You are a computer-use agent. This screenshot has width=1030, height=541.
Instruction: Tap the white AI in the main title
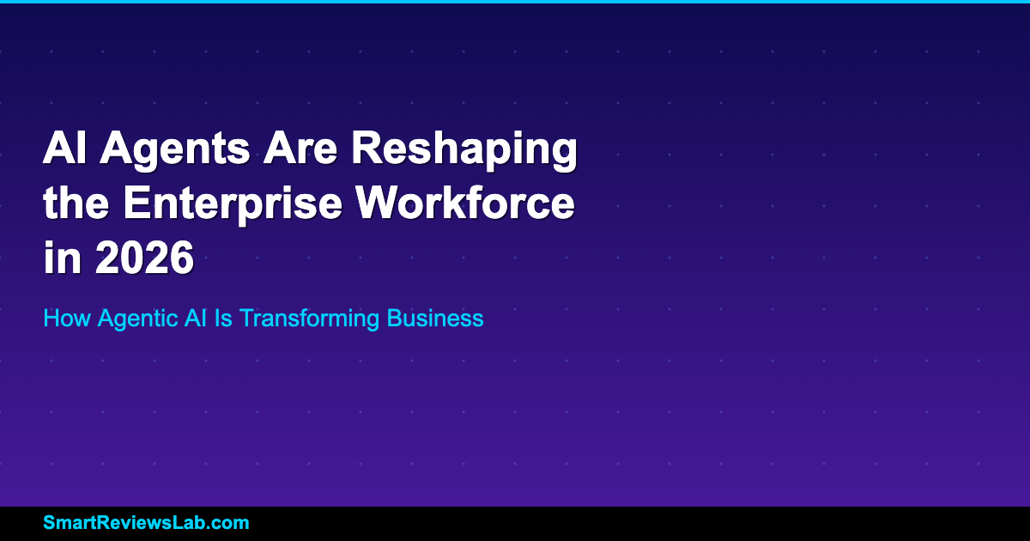[x=64, y=147]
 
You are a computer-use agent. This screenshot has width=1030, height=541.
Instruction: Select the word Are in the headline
[x=300, y=147]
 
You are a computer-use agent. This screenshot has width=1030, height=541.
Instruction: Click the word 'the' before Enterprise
[x=76, y=203]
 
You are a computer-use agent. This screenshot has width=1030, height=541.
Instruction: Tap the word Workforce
[x=465, y=203]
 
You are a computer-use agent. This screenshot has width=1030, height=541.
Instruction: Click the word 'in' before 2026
[x=62, y=257]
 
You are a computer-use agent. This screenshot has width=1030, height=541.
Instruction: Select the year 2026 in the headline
[x=144, y=257]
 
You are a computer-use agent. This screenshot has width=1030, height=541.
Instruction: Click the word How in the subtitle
[x=67, y=318]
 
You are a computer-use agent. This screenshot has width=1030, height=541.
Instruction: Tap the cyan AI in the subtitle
[x=196, y=318]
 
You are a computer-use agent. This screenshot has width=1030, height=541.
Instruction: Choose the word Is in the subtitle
[x=223, y=318]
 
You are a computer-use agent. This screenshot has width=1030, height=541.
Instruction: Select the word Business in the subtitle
[x=435, y=318]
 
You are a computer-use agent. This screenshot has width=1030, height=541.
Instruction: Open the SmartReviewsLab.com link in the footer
[x=146, y=523]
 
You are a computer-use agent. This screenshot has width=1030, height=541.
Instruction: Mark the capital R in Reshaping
[x=367, y=147]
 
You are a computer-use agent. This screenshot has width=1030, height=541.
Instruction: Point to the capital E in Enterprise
[x=136, y=203]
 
